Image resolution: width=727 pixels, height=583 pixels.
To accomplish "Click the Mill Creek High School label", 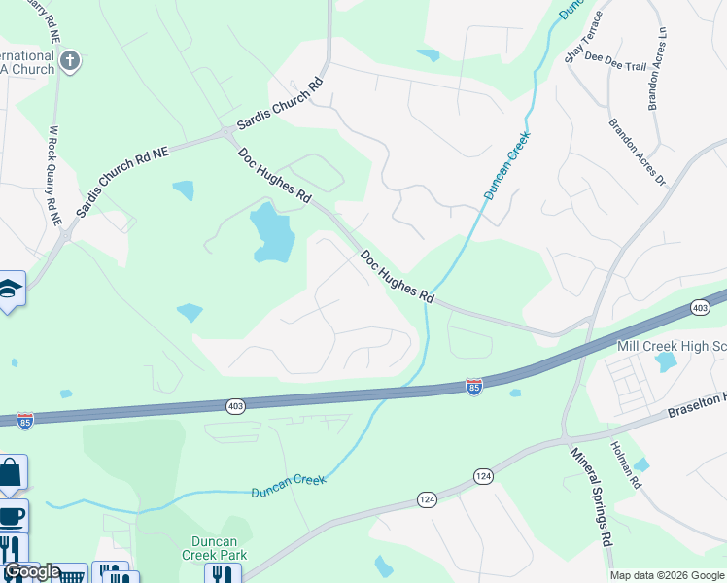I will [672, 346].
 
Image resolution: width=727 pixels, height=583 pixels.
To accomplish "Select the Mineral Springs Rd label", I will [591, 495].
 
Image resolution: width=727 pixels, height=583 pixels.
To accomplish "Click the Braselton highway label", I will [696, 406].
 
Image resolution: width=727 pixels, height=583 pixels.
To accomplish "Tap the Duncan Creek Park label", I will [214, 548].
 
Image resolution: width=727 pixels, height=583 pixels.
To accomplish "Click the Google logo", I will [32, 571].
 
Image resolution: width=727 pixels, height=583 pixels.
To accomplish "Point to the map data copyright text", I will [668, 575].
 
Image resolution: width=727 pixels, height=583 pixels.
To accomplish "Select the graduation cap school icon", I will [11, 289].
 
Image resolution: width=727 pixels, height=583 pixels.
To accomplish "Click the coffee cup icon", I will [12, 515].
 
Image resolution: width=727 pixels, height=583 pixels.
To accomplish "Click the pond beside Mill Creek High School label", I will [666, 362].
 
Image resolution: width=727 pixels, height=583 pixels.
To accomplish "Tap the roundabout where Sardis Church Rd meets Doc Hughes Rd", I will [226, 131].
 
